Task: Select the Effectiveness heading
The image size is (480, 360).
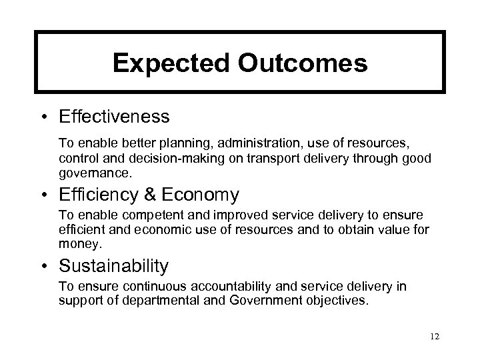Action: point(115,117)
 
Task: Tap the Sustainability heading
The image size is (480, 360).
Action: point(113,267)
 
